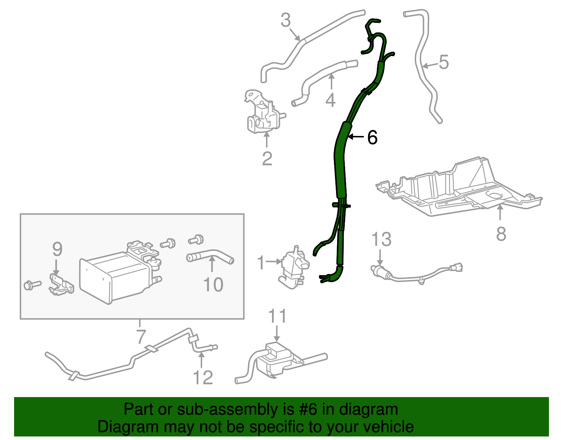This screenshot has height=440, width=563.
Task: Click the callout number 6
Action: click(x=372, y=137)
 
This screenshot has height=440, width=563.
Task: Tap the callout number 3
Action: click(x=285, y=20)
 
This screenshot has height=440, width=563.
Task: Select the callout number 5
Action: click(x=444, y=62)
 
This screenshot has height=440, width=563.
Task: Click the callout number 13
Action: click(x=381, y=240)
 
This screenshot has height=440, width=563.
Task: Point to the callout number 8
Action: click(x=501, y=234)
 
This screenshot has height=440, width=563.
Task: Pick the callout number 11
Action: click(x=278, y=316)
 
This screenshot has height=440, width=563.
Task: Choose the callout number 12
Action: click(x=203, y=378)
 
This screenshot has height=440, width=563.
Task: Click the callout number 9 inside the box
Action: click(x=57, y=249)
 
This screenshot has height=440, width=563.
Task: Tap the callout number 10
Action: click(x=213, y=285)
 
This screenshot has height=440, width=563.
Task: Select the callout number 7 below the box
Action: click(x=140, y=336)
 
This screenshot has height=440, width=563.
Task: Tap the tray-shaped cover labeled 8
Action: click(x=457, y=190)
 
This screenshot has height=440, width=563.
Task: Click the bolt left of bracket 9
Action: click(x=32, y=285)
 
